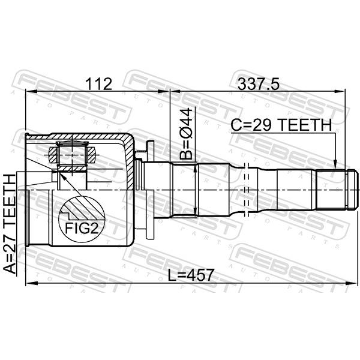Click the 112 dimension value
tap(99, 84)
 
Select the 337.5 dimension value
tap(259, 84)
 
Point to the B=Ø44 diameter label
tap(186, 134)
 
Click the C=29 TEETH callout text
tap(281, 125)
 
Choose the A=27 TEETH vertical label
tap(10, 224)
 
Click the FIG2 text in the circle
tap(82, 228)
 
